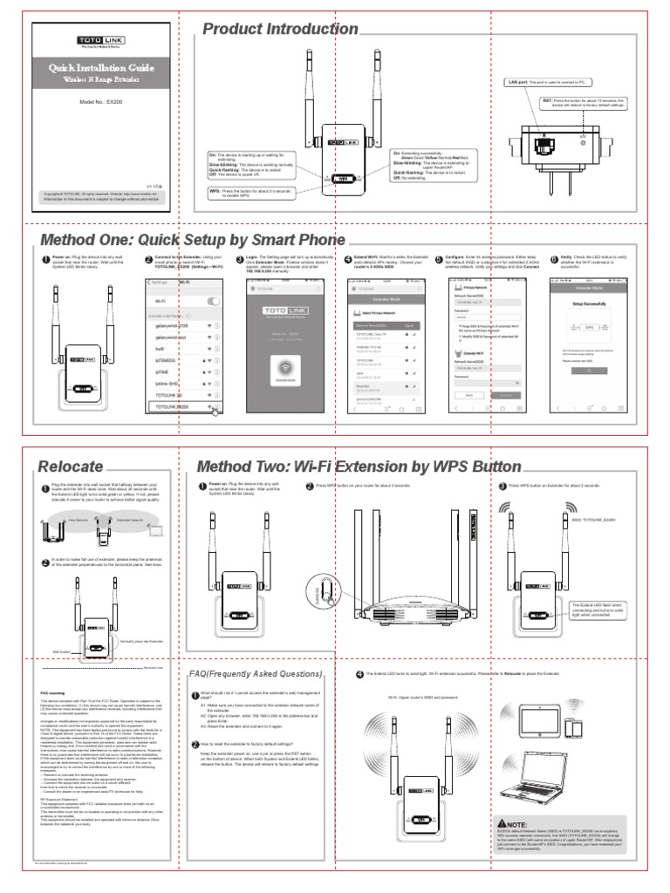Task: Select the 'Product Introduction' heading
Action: (x=278, y=30)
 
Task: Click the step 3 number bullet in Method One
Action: (x=241, y=259)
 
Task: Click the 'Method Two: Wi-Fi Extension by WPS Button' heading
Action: (x=359, y=467)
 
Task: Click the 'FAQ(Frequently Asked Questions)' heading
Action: (x=256, y=674)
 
